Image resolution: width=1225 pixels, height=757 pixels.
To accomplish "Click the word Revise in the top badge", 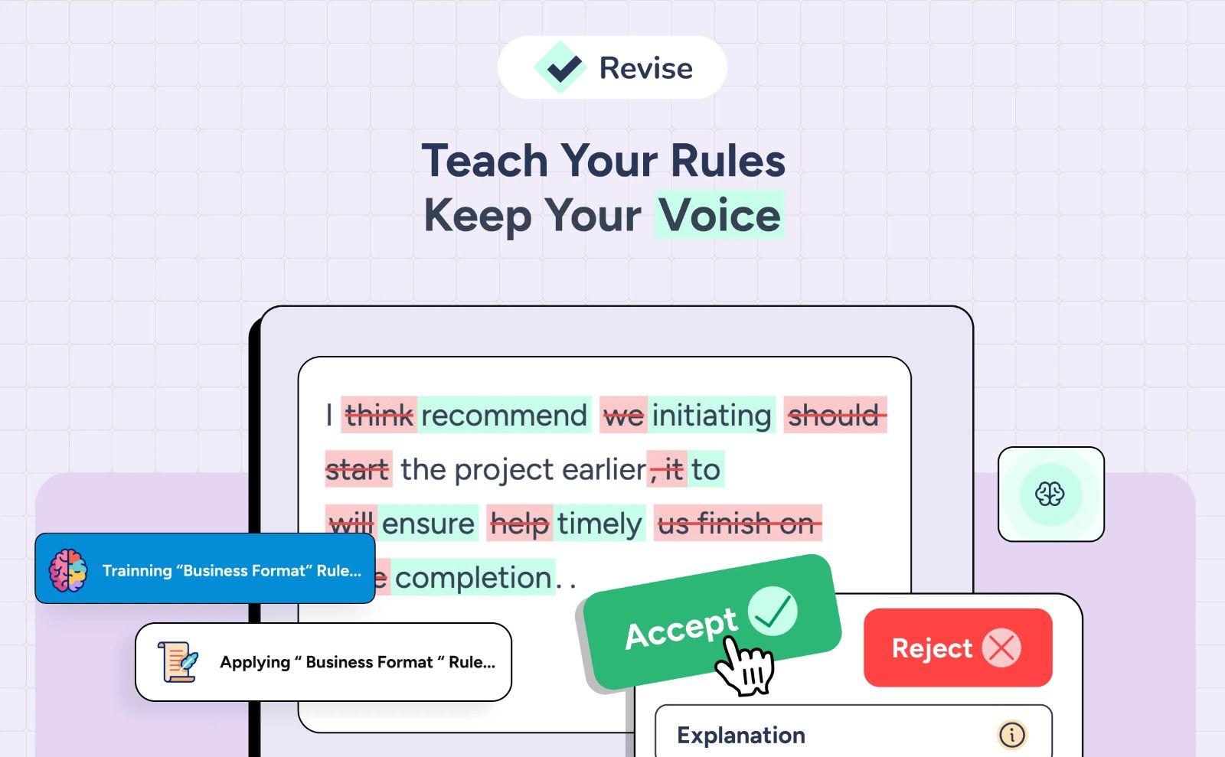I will click(645, 68).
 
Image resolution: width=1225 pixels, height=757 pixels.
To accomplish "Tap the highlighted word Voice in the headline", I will click(720, 215).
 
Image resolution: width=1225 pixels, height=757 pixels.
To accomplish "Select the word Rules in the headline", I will click(728, 161).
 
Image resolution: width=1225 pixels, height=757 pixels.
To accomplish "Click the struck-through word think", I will click(379, 416).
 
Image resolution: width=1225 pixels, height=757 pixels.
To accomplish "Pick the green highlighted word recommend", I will click(504, 416).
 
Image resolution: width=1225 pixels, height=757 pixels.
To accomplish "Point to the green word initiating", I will click(711, 416).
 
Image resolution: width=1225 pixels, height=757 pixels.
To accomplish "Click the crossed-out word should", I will click(834, 416).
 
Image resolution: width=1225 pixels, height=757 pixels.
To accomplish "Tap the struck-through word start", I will click(358, 469).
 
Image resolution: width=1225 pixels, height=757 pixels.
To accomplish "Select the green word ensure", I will click(428, 524).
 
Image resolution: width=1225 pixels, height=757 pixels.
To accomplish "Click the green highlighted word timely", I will click(599, 524).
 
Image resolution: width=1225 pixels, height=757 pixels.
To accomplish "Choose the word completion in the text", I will click(473, 578).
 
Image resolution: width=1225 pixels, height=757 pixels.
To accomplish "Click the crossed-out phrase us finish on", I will click(737, 524).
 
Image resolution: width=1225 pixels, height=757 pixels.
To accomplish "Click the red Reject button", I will click(932, 648).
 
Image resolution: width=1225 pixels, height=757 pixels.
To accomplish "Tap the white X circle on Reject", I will click(1001, 648).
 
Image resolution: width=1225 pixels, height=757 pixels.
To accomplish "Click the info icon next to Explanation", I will click(1011, 735).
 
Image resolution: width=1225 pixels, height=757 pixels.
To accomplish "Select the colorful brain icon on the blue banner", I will click(68, 570).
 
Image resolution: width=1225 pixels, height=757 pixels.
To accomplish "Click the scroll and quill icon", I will click(178, 662).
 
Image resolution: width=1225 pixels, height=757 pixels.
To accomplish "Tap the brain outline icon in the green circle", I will click(1050, 494).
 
